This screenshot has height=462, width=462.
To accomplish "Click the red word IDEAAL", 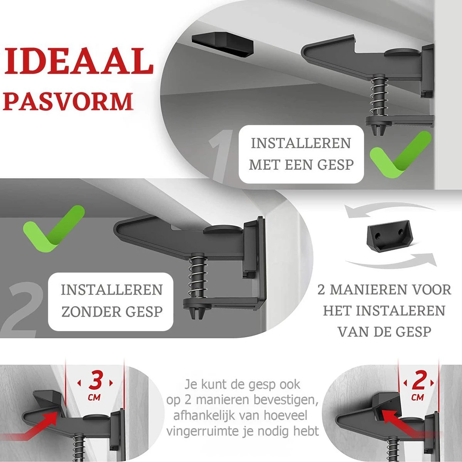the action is pyautogui.click(x=79, y=61).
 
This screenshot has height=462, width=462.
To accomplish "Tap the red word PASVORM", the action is pyautogui.click(x=68, y=101).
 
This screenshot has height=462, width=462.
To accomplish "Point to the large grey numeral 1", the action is pyautogui.click(x=220, y=156).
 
